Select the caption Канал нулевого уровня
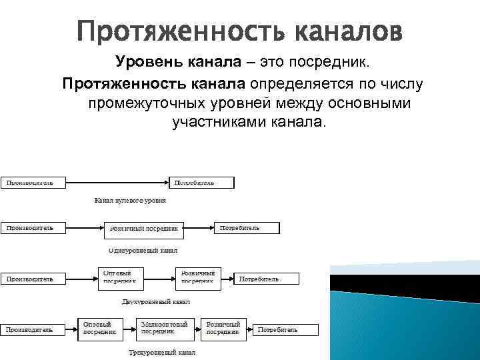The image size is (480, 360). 130,199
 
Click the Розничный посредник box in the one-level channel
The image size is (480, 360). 144,228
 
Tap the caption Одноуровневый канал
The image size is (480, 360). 143,250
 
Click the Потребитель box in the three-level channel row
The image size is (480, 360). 283,329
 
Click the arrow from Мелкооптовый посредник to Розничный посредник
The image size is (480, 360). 197,328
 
